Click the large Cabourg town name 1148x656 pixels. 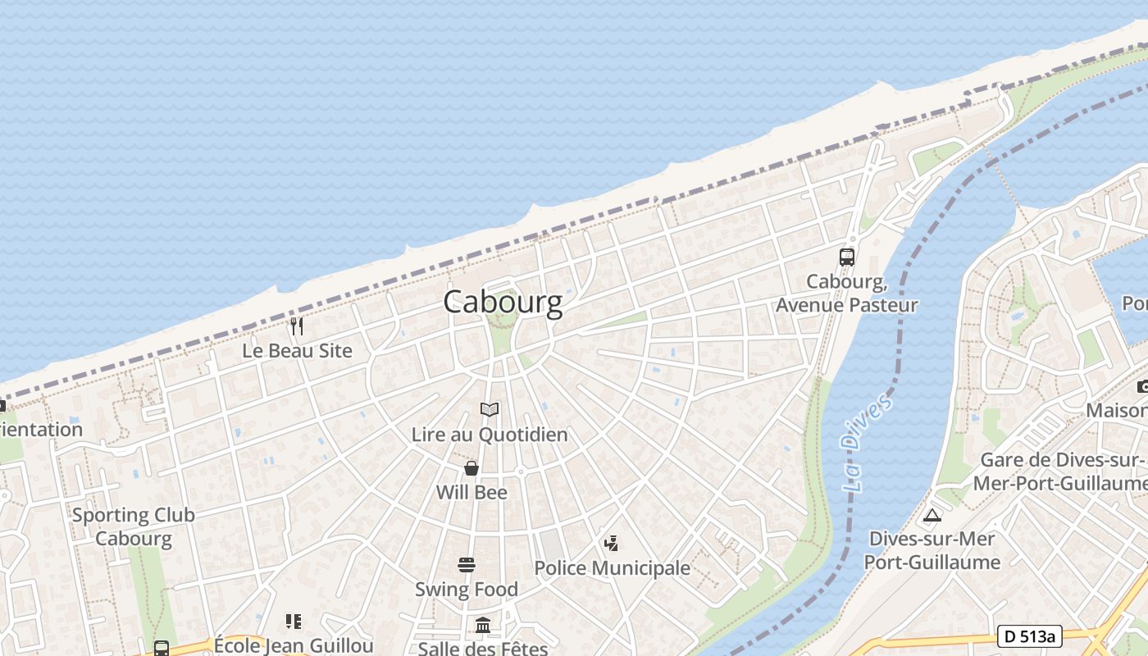(503, 302)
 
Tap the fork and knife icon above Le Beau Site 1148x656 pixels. (297, 326)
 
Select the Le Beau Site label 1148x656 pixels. (297, 351)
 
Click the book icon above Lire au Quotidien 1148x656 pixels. (490, 409)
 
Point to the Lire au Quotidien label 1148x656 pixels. (490, 435)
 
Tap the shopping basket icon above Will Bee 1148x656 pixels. (471, 468)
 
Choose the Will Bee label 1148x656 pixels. (471, 493)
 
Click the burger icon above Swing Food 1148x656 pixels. (467, 564)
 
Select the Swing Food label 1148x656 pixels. (467, 590)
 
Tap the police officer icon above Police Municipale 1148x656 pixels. (611, 543)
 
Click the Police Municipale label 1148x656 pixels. (612, 568)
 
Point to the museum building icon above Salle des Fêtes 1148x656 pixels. (483, 626)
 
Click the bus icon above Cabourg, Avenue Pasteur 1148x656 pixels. (847, 257)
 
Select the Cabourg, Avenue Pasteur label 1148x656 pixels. (847, 294)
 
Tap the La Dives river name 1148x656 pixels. (866, 443)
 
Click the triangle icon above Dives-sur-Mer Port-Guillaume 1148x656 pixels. (932, 516)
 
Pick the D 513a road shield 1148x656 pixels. (1030, 636)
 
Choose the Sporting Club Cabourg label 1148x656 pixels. (134, 526)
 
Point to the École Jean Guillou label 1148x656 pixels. (294, 645)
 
